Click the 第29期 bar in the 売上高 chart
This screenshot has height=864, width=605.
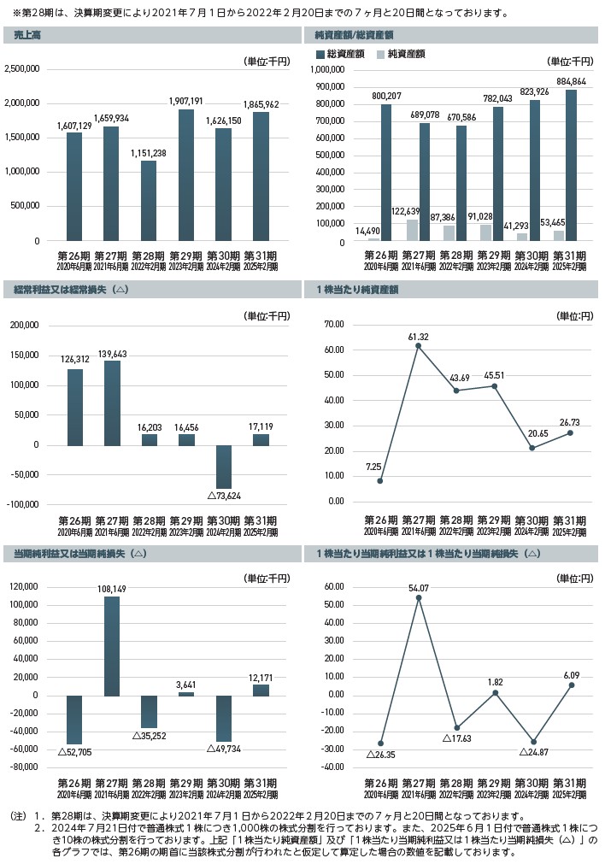(x=186, y=175)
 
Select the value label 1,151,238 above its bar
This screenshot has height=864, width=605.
(x=149, y=153)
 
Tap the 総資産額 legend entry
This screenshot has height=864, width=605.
(x=340, y=53)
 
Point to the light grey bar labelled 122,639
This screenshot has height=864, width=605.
(x=412, y=231)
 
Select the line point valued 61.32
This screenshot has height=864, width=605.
(x=419, y=346)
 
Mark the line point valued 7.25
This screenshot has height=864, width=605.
(x=380, y=481)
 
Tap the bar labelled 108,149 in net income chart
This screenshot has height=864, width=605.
(x=112, y=645)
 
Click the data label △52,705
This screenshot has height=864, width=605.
(x=74, y=751)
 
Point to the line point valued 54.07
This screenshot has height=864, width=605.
(x=419, y=597)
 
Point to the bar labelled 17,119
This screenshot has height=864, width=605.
(x=261, y=439)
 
